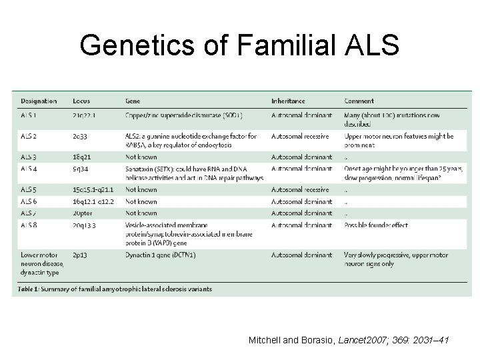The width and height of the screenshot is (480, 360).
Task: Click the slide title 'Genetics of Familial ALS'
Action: click(x=239, y=46)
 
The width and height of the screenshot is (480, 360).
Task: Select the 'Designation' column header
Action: click(x=39, y=101)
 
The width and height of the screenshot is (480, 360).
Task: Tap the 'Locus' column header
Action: click(x=82, y=101)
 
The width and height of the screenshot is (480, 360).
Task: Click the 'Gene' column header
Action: click(x=133, y=101)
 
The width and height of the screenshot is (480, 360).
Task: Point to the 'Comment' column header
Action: click(x=359, y=101)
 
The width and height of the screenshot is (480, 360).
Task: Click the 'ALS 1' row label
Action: click(x=30, y=115)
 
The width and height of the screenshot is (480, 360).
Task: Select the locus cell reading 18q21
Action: click(x=83, y=157)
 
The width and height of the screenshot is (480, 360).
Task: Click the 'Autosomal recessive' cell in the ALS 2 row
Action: click(x=301, y=137)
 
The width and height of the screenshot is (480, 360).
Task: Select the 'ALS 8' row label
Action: click(x=30, y=225)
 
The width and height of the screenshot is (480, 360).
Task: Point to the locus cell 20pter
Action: click(x=83, y=213)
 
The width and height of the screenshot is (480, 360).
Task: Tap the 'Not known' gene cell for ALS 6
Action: click(x=141, y=201)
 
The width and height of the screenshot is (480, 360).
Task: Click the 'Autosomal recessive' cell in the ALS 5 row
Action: click(x=301, y=190)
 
